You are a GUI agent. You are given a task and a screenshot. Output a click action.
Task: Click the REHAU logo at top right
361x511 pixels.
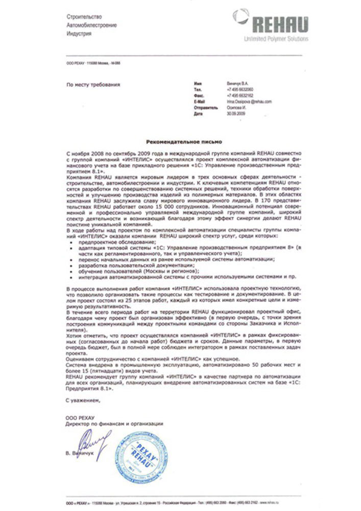pos(280,24)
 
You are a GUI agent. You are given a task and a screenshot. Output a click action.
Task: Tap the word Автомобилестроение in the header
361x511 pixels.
pos(91,25)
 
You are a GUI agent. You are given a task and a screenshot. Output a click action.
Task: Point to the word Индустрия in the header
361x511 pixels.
pos(79,33)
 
